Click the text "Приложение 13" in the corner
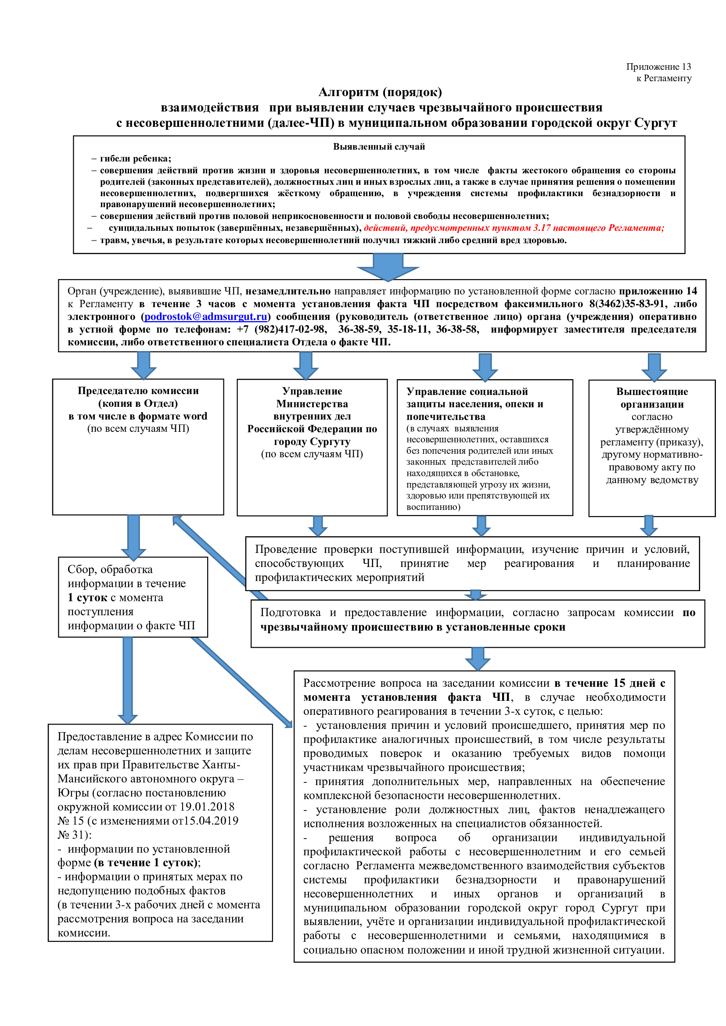coord(658,67)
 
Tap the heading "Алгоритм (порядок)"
coord(380,93)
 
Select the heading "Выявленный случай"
coord(379,147)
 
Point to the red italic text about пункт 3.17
coord(514,228)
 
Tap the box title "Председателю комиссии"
coord(138,391)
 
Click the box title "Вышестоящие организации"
coord(652,398)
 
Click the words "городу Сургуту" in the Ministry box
coord(312,441)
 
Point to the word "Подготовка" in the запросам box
coord(290,613)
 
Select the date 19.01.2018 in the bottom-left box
coord(207,807)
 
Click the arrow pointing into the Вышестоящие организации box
coord(654,367)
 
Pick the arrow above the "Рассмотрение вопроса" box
coord(478,659)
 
